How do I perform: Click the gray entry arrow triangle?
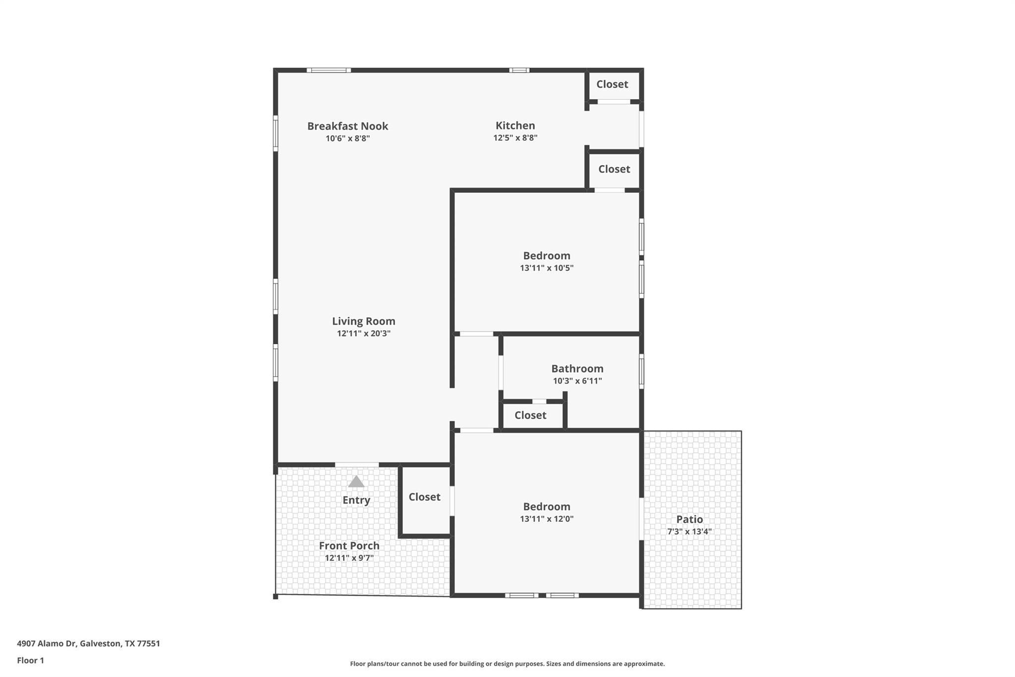(356, 482)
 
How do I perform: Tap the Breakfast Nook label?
(347, 126)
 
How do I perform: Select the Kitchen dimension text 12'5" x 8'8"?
(515, 138)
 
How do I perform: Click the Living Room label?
(363, 321)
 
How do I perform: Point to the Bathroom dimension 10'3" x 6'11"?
(577, 381)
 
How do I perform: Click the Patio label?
(689, 519)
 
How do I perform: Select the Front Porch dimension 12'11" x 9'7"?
(349, 558)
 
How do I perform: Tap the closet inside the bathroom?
(530, 415)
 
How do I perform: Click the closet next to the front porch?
(424, 497)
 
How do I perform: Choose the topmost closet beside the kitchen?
(612, 84)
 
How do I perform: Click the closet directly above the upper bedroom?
(614, 169)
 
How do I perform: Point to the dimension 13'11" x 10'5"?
(547, 268)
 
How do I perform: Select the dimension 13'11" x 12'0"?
(547, 519)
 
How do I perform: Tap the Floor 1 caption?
(30, 661)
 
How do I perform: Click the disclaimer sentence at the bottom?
(507, 664)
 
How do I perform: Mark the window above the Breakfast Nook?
(329, 70)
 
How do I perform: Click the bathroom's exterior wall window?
(641, 371)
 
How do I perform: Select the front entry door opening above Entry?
(357, 465)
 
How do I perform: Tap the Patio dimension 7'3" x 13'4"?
(689, 532)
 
